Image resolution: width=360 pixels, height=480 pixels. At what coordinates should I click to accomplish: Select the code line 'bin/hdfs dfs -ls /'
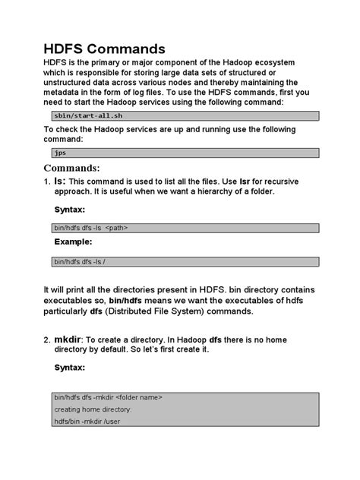pyautogui.click(x=80, y=261)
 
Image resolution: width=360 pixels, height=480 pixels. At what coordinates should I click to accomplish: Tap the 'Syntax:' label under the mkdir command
pyautogui.click(x=70, y=367)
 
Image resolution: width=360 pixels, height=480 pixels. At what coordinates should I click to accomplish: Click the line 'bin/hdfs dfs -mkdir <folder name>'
pyautogui.click(x=108, y=397)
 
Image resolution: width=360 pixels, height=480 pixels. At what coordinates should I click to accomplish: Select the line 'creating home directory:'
pyautogui.click(x=93, y=409)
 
